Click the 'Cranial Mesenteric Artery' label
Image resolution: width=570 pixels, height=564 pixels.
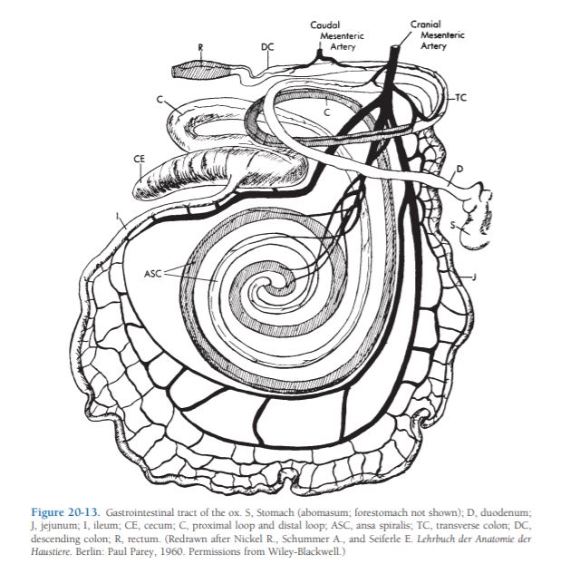coord(431,34)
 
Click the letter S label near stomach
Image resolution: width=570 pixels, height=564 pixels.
coord(451,222)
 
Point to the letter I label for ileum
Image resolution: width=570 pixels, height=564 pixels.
coord(118,216)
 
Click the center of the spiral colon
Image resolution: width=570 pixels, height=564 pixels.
coord(288,292)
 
